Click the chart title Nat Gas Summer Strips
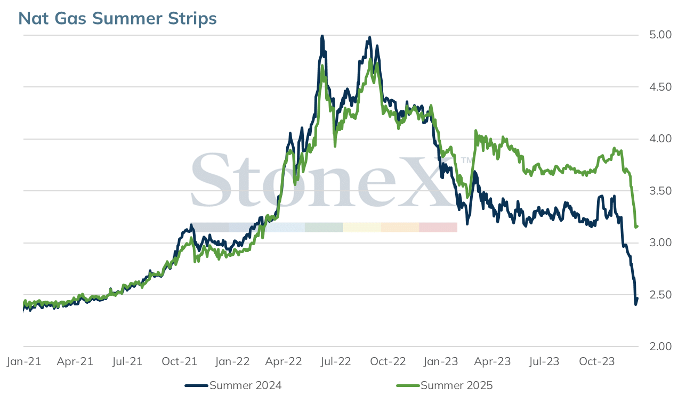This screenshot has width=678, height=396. (117, 19)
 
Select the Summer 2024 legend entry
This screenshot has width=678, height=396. (233, 385)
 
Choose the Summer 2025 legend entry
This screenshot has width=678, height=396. (445, 385)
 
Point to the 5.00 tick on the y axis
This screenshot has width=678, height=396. (660, 35)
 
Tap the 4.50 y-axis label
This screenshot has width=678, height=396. (660, 87)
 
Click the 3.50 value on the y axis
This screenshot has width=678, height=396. (660, 191)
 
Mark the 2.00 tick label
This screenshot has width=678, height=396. (660, 346)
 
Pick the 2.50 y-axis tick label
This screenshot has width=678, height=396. (660, 295)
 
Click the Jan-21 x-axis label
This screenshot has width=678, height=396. (24, 361)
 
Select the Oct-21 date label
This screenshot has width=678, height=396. (180, 361)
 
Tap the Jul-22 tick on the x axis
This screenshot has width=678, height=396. (336, 361)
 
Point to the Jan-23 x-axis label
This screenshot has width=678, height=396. (441, 361)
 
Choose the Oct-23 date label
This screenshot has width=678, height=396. (597, 361)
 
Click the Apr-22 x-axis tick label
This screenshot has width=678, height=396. (284, 361)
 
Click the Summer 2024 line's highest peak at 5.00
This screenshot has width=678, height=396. (322, 36)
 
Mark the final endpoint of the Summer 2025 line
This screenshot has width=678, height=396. (637, 226)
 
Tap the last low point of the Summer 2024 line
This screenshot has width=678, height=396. (635, 304)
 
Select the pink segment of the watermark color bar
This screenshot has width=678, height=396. (438, 228)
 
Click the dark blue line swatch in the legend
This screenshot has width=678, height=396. (196, 385)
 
